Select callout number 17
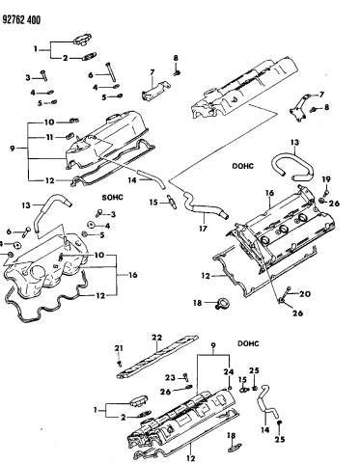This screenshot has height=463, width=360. point(203,230)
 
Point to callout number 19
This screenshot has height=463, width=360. point(326,178)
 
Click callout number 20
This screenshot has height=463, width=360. point(306,293)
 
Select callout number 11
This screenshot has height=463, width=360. point(49,138)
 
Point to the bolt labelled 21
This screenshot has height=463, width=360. point(119,362)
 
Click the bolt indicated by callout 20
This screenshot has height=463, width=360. point(292,294)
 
